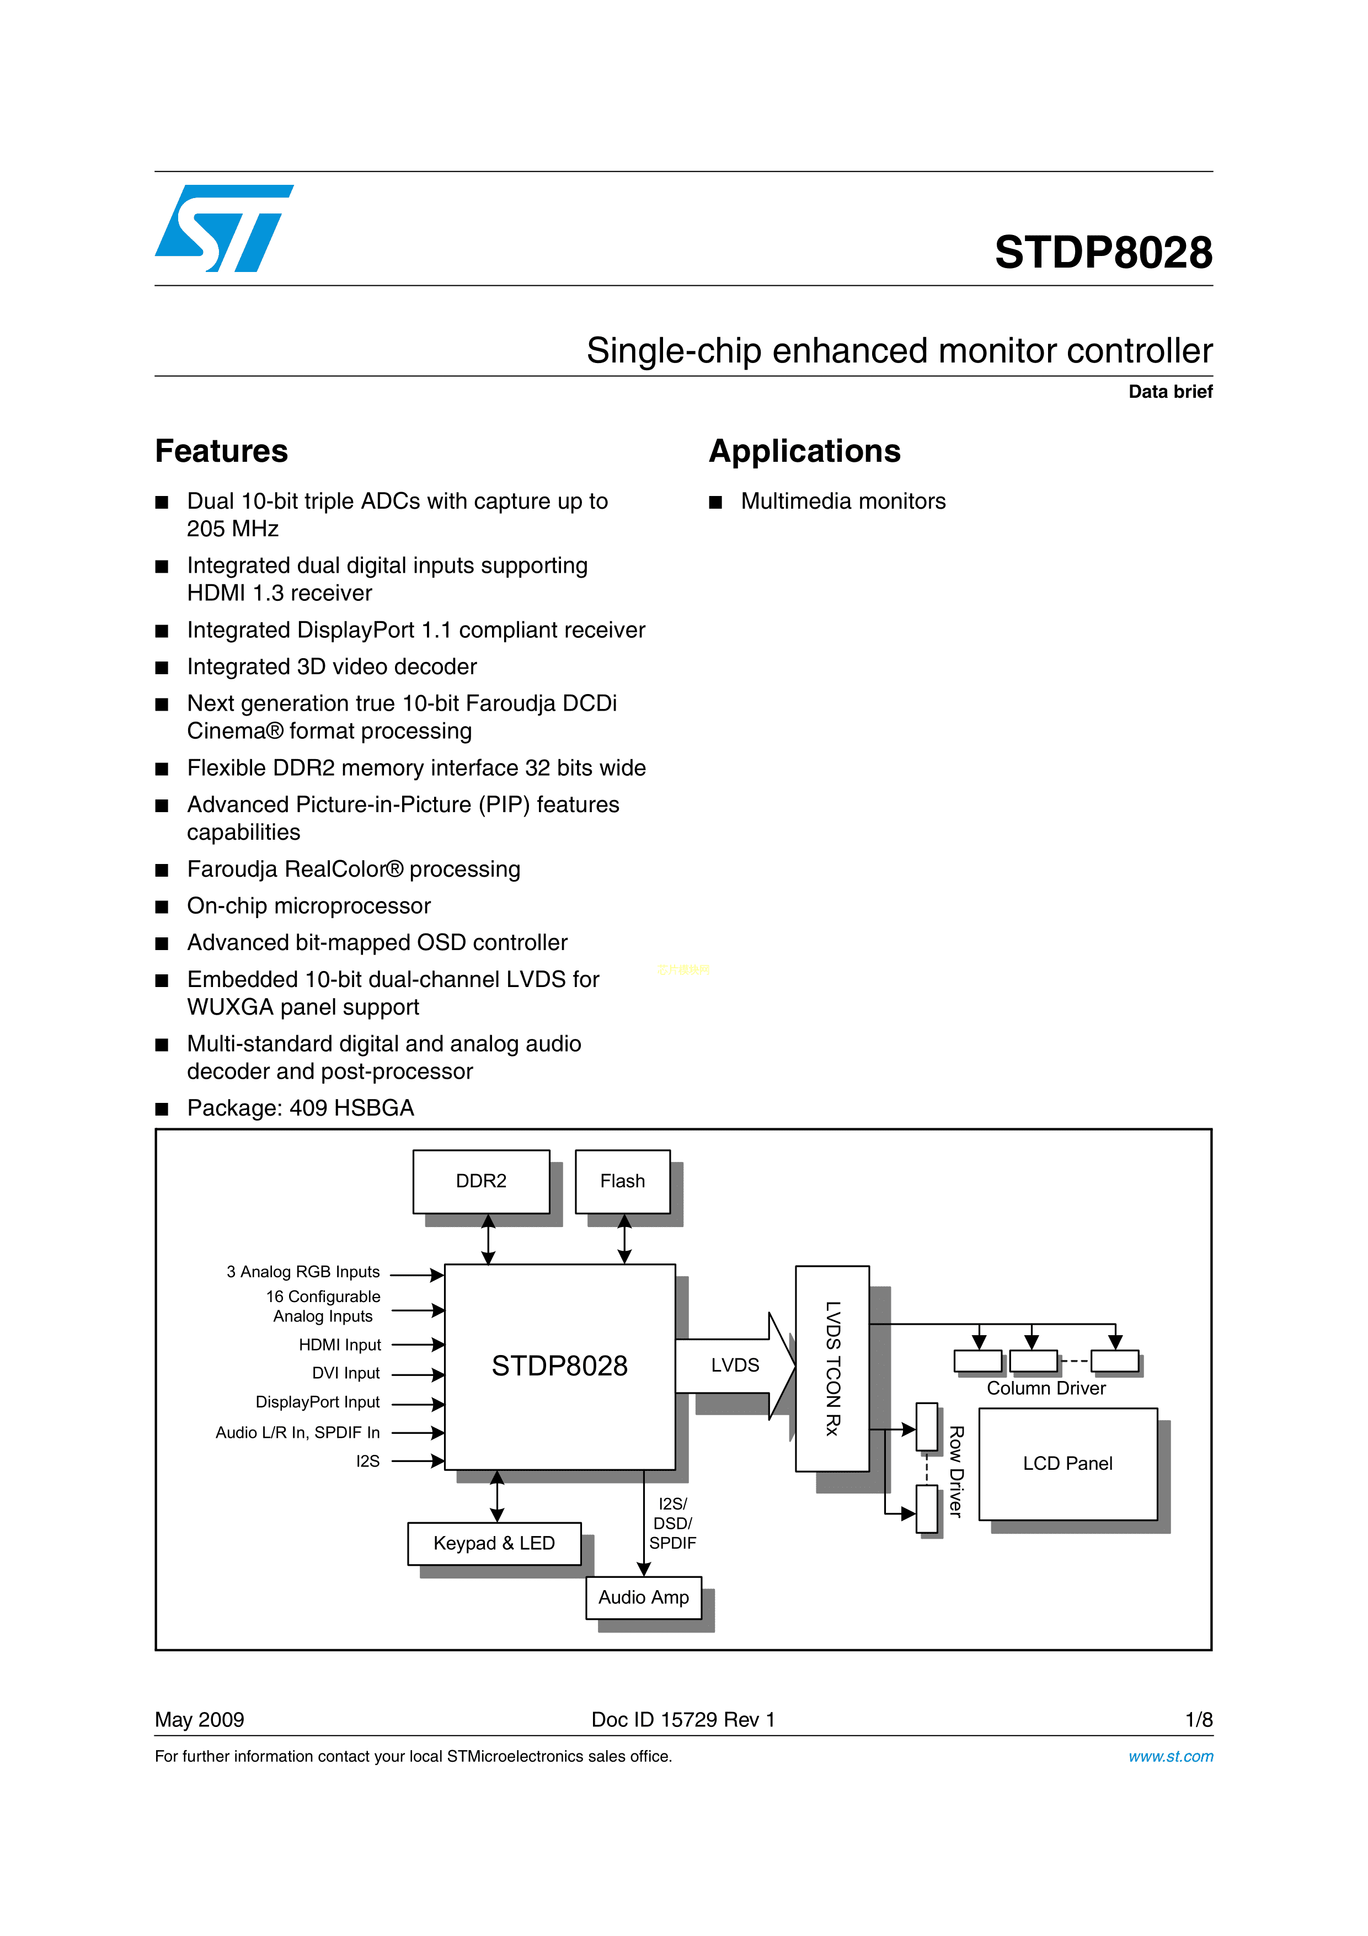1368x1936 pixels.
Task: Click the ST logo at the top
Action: coord(223,228)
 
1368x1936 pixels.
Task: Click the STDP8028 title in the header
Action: coord(1103,252)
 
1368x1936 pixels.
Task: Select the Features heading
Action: coord(222,451)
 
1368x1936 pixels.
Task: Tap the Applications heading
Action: coord(804,451)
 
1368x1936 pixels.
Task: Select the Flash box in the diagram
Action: coord(622,1181)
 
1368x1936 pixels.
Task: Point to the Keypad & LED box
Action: coord(494,1543)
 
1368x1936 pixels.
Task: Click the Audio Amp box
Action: coord(643,1597)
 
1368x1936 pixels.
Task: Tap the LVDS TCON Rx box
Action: coord(832,1368)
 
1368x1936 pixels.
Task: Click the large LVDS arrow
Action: coord(735,1365)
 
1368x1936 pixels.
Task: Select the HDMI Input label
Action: coord(340,1345)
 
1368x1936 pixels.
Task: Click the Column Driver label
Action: coord(1045,1388)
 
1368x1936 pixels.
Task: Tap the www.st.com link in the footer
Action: coord(1170,1756)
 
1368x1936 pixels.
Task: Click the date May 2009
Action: coord(200,1719)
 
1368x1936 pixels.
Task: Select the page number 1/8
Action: coord(1198,1719)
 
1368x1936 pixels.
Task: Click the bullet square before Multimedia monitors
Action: coord(715,503)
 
